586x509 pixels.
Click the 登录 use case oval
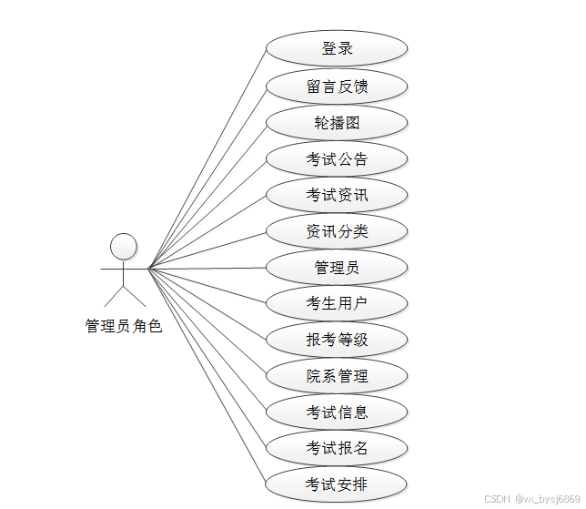[x=337, y=49]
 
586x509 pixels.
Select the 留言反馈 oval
[x=337, y=87]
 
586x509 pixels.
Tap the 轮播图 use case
[x=337, y=123]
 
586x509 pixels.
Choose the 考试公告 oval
[x=337, y=159]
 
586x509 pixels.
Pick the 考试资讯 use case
[x=337, y=195]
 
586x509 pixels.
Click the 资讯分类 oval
[x=337, y=231]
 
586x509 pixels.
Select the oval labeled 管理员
[x=337, y=268]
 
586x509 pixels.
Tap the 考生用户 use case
[x=337, y=303]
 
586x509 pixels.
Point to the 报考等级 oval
[x=337, y=340]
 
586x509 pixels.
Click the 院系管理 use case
[x=337, y=375]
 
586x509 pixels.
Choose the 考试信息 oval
[x=337, y=412]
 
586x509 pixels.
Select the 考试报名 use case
[x=337, y=447]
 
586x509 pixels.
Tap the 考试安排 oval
[x=337, y=483]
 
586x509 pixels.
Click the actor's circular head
[x=124, y=246]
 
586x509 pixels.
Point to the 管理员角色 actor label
[x=124, y=326]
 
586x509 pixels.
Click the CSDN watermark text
[x=531, y=499]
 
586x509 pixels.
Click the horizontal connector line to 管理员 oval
[x=207, y=268]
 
